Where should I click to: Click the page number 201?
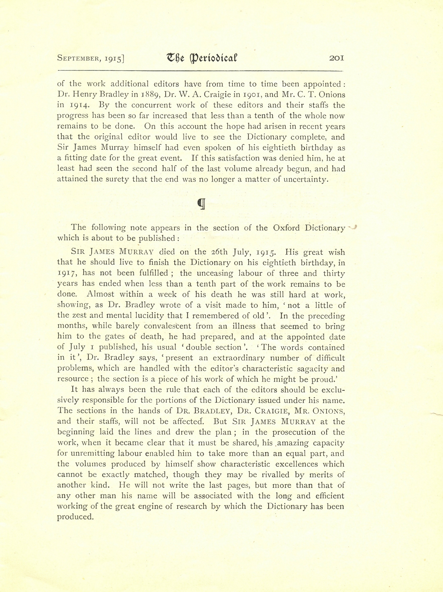(x=336, y=58)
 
